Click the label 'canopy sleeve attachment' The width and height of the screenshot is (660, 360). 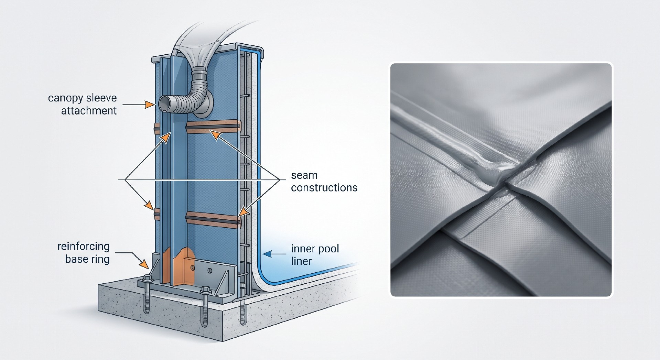pos(83,104)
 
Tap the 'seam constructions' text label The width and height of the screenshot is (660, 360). pos(324,182)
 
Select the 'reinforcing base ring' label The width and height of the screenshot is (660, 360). pos(84,253)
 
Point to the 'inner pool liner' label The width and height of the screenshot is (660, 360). pos(315,255)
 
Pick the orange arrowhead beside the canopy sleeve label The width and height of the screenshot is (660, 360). pos(150,104)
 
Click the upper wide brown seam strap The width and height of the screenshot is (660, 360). pos(213,126)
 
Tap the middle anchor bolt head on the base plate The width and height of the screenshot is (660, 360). pos(205,290)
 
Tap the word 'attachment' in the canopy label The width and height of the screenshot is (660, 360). pos(89,111)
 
